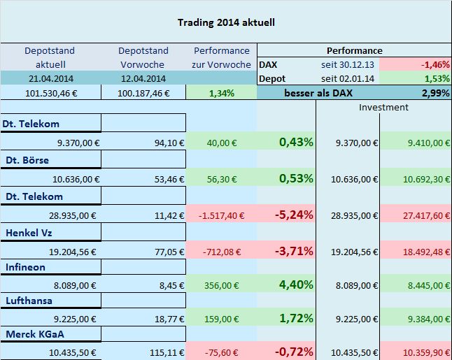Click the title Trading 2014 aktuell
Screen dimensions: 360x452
pos(226,22)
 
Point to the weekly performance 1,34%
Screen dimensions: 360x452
pos(222,93)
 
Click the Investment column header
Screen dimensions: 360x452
pos(383,107)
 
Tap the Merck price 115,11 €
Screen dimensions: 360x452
pos(166,352)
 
